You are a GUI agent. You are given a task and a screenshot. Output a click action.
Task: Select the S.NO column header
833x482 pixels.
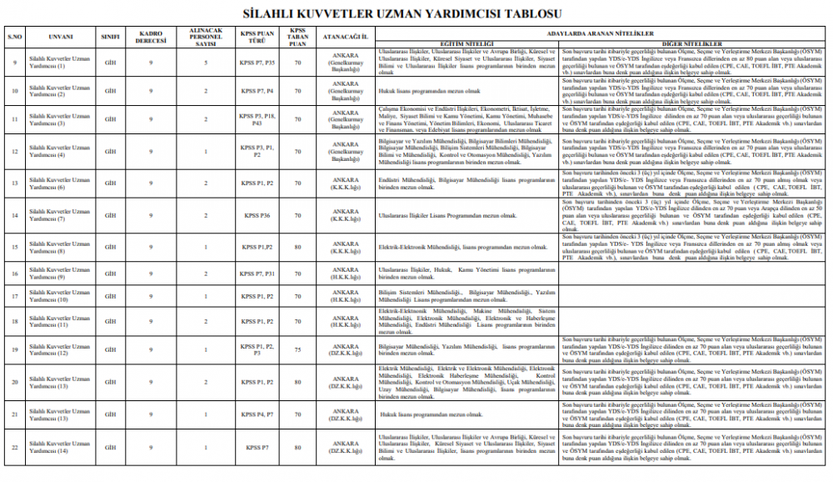pos(13,38)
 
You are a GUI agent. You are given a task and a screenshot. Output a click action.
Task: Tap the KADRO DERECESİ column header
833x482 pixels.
pos(151,38)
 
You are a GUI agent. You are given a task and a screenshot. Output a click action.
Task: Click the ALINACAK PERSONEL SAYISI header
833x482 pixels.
pos(205,38)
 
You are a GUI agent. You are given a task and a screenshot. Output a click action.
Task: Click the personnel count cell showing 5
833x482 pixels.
pos(205,63)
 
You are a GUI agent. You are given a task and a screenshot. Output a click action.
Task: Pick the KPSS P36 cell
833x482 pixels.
pos(257,216)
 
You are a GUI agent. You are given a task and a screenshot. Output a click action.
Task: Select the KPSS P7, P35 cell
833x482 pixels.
pos(257,63)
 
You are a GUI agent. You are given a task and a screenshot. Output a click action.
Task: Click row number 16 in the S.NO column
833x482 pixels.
pos(13,273)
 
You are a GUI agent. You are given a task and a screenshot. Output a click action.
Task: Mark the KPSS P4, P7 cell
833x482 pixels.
pos(257,414)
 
